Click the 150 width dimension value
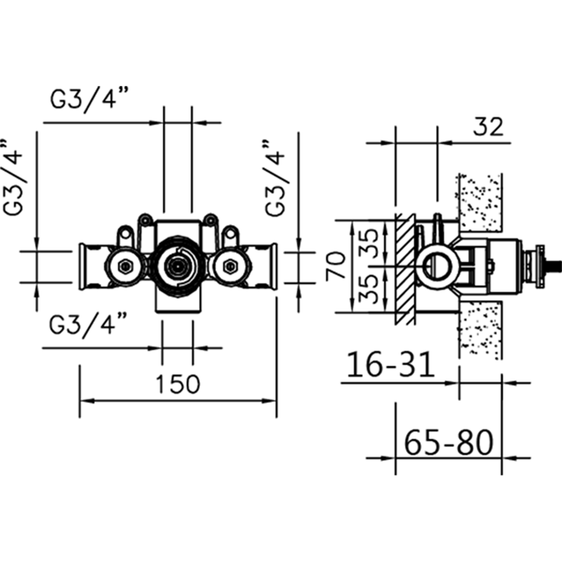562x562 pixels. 177,384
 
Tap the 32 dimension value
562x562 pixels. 487,126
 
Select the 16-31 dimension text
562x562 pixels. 390,365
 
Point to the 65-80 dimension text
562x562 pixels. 448,441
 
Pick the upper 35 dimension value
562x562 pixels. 367,242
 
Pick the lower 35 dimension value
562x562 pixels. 367,288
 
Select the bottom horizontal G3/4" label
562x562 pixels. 89,325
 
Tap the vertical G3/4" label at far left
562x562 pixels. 16,180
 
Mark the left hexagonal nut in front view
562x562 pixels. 126,265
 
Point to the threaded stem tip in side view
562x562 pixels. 554,264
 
